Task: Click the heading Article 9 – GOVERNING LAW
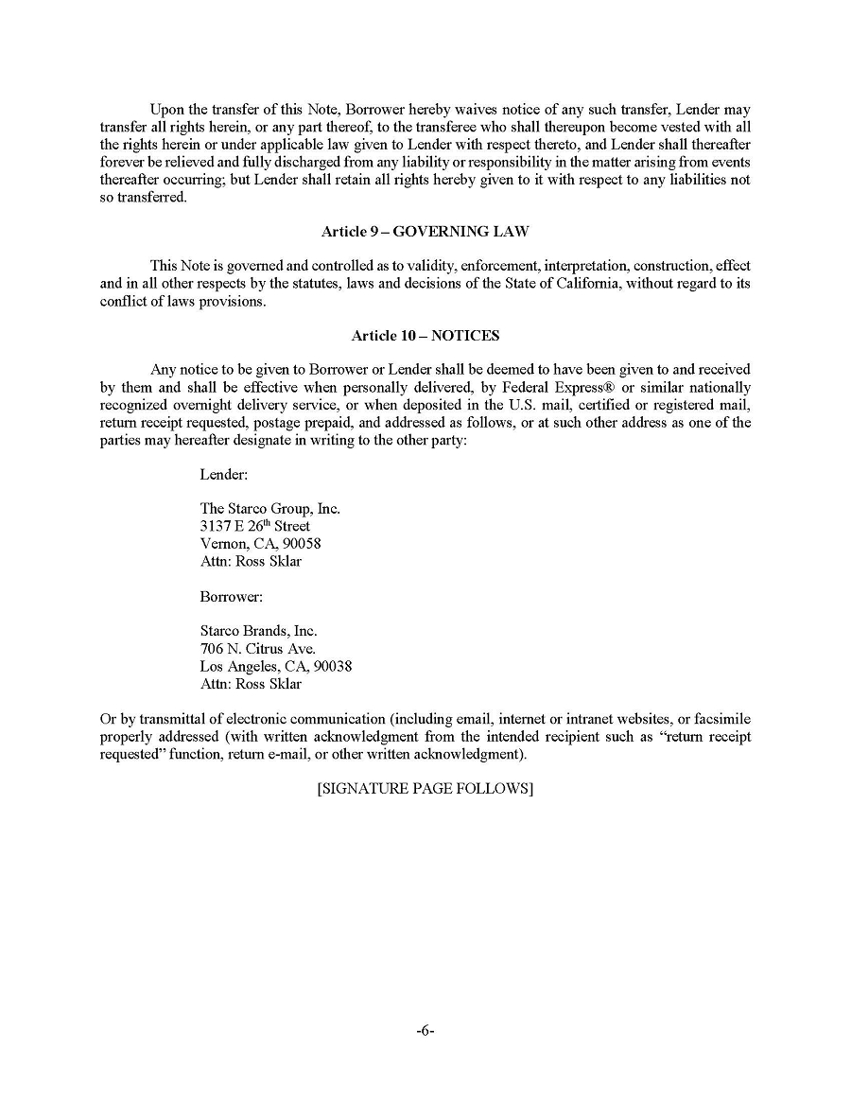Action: pos(425,231)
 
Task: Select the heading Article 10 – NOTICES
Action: pos(425,335)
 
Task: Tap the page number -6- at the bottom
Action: pos(425,1031)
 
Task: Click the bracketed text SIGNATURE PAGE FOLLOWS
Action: pos(425,788)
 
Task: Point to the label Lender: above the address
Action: pos(224,474)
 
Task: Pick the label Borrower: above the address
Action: pos(231,596)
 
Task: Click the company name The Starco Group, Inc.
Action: pos(269,509)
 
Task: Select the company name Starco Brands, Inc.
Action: pos(258,631)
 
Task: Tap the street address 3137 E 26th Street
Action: pos(254,526)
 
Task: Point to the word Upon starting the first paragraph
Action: pos(168,111)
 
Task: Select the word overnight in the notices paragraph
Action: pos(212,406)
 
